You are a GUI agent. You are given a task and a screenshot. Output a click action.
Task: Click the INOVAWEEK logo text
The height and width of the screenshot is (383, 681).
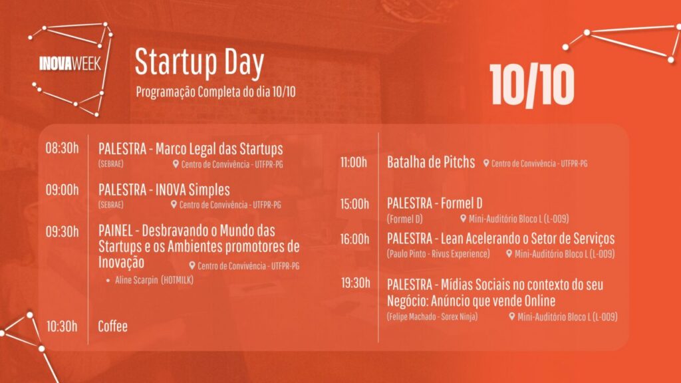[x=70, y=63]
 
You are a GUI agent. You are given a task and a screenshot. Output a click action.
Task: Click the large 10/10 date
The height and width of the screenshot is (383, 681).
[x=532, y=85]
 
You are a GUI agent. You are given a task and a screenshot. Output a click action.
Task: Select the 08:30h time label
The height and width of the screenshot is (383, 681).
[x=62, y=148]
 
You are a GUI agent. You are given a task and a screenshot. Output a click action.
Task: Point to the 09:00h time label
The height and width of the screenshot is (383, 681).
[x=62, y=190]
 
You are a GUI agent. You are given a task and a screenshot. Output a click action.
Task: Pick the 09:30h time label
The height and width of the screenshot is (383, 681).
[x=62, y=231]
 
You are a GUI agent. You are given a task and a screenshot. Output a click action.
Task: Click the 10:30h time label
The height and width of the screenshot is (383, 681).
[x=62, y=326]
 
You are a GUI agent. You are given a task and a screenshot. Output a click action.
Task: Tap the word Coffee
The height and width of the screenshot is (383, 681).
[x=113, y=326]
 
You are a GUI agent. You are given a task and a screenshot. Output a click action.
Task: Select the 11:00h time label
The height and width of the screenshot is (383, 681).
[x=354, y=162]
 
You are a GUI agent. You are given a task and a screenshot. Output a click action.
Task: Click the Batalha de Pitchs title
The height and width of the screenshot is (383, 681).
[x=431, y=162]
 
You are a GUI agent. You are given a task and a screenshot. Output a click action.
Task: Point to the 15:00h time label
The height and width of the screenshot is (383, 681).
[x=354, y=204]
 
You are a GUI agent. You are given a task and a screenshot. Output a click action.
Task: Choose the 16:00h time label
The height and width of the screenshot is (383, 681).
[x=354, y=239]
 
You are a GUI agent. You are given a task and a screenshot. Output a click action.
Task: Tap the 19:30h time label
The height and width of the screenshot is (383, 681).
[x=355, y=283]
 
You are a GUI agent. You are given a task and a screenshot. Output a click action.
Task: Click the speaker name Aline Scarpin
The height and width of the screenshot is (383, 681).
[x=136, y=280]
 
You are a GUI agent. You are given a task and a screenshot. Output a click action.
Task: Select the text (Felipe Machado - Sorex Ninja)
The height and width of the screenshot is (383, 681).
[x=432, y=317]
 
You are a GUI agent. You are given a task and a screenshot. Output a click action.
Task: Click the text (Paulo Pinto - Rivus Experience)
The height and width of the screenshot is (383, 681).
[x=438, y=253]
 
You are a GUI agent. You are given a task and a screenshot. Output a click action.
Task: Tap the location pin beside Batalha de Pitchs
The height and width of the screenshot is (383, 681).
[x=486, y=164]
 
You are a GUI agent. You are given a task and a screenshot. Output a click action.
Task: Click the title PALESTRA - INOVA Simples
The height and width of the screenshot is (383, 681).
[x=164, y=190]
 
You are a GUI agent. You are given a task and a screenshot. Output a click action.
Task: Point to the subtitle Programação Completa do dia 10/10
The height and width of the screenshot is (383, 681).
[x=216, y=92]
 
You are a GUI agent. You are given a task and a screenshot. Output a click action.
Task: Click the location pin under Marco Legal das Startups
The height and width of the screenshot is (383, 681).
[x=176, y=164]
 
